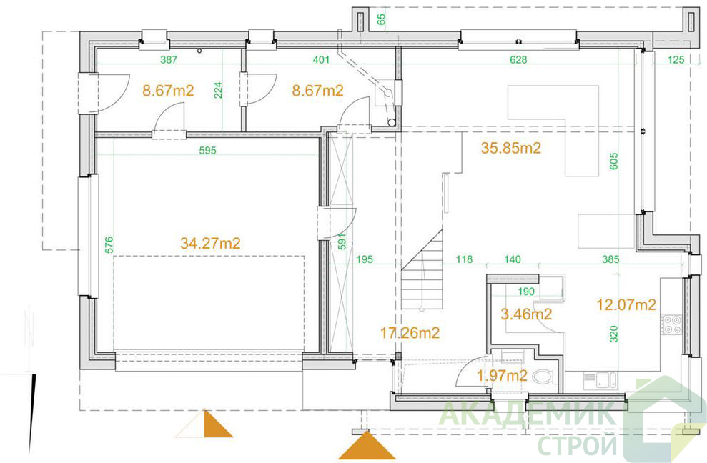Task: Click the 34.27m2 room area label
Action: [x=210, y=244]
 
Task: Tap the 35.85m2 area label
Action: [x=511, y=148]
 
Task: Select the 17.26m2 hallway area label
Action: [x=410, y=333]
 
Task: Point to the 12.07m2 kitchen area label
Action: [x=626, y=305]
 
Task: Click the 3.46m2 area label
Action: [x=526, y=314]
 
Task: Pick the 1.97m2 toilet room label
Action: [x=503, y=375]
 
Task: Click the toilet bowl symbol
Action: [x=544, y=377]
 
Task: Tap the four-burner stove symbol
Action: [x=672, y=325]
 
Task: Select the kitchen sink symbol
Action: [x=600, y=380]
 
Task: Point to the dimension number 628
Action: [x=518, y=59]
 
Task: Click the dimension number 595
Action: [x=208, y=151]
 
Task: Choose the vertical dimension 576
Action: [x=109, y=245]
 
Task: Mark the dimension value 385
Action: [x=610, y=259]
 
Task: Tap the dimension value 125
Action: [x=676, y=59]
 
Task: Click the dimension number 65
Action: [x=382, y=19]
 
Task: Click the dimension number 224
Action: [x=218, y=90]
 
